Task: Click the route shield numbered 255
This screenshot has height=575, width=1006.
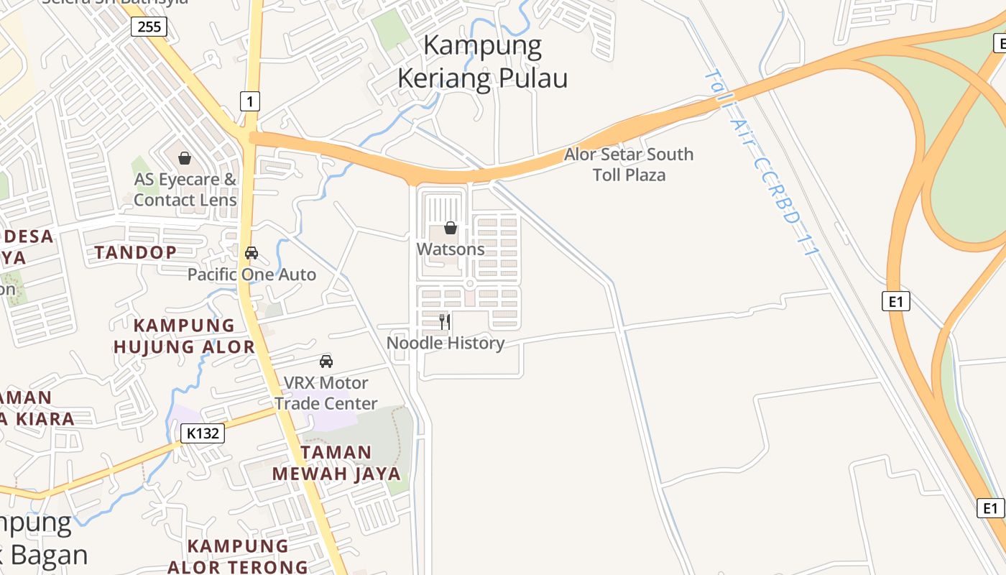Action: [x=149, y=27]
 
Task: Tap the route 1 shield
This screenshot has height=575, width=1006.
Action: [x=249, y=101]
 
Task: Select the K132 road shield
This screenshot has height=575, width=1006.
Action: [x=203, y=433]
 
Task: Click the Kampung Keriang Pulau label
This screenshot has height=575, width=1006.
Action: [x=482, y=62]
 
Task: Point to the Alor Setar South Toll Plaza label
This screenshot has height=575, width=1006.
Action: [x=629, y=165]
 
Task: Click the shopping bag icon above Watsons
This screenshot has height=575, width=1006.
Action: [x=451, y=229]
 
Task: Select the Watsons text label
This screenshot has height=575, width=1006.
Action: [x=451, y=249]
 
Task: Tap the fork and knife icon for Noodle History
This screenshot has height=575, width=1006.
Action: [x=446, y=321]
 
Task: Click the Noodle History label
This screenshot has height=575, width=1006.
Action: [x=446, y=343]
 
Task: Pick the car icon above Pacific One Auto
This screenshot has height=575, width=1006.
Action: [x=251, y=253]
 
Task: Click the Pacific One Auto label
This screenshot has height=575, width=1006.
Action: [x=251, y=275]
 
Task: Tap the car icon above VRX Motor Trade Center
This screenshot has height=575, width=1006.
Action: [x=326, y=361]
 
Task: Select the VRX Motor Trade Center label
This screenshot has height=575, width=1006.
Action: [x=326, y=393]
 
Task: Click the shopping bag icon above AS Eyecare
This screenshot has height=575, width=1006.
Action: [x=185, y=158]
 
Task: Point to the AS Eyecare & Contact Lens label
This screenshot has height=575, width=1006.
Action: [x=185, y=190]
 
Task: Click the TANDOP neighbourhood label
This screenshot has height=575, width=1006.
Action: [x=136, y=252]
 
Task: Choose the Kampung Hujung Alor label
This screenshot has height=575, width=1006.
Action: [x=185, y=336]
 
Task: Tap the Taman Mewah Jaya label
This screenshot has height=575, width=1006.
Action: [x=336, y=463]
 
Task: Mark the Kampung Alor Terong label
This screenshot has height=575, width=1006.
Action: [x=238, y=556]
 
